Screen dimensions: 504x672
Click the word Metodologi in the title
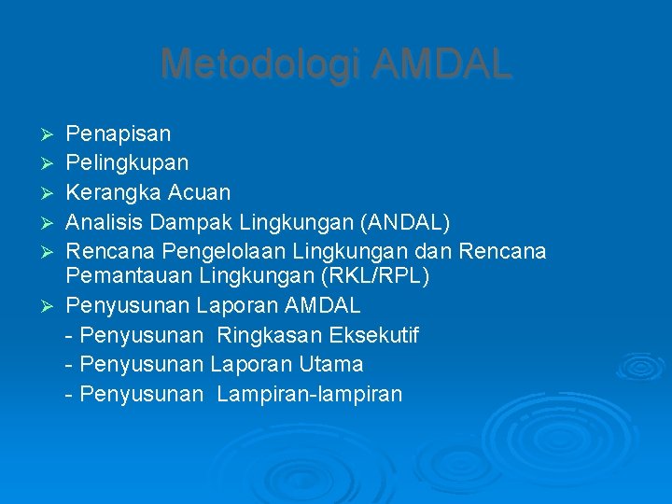(260, 64)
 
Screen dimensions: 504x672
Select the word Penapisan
(119, 134)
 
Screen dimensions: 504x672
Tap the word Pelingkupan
(127, 163)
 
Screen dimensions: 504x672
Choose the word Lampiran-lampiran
(309, 394)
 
